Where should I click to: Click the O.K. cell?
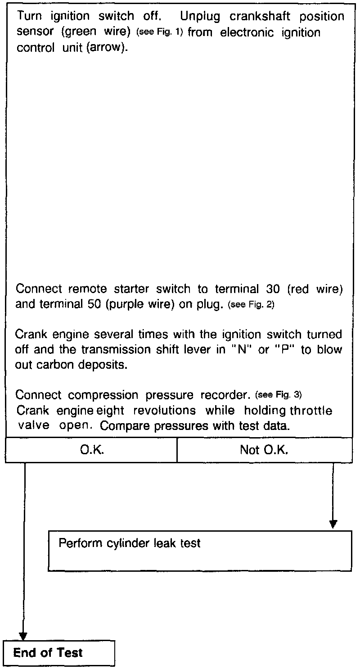[91, 450]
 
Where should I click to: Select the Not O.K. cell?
[264, 450]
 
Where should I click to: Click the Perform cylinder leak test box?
[200, 551]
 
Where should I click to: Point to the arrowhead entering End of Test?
[23, 636]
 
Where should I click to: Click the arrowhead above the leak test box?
[333, 524]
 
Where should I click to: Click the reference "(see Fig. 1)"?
[160, 33]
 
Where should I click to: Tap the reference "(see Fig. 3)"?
[278, 395]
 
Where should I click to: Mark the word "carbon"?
[54, 364]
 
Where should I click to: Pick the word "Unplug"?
[201, 16]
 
